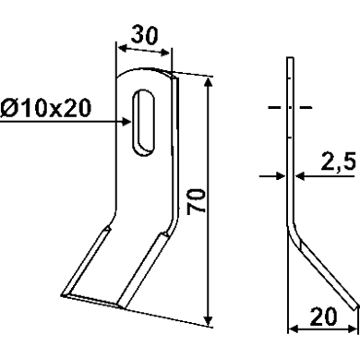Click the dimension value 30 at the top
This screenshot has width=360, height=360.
(144, 35)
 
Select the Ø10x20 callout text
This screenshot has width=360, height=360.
(46, 108)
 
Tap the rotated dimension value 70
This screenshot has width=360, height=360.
(197, 200)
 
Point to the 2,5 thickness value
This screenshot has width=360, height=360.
(338, 163)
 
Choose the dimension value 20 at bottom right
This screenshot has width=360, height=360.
(323, 317)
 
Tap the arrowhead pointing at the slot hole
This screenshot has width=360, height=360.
(126, 122)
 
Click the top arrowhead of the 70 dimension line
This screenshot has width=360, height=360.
(208, 82)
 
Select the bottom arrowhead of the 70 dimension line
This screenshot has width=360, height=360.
(209, 320)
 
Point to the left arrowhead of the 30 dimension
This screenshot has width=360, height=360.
(122, 49)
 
